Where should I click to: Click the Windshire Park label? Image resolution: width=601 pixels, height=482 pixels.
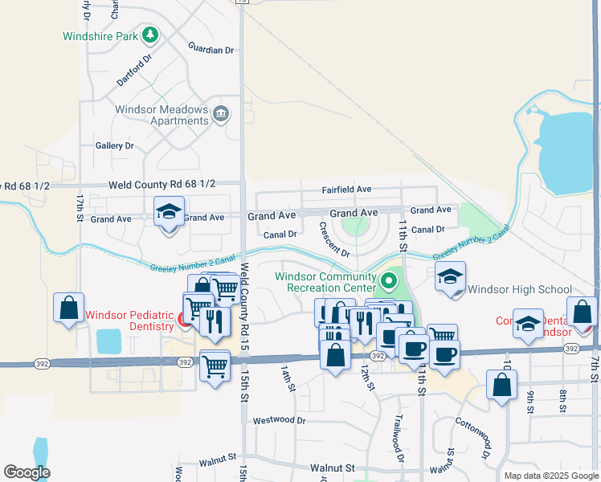(x=100, y=36)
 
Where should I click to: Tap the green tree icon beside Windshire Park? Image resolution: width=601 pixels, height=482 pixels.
(x=149, y=35)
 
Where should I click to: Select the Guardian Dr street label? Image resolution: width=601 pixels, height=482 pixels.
(x=211, y=50)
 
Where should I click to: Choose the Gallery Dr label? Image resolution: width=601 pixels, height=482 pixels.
(x=114, y=145)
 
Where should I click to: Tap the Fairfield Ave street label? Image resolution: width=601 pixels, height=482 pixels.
(x=346, y=190)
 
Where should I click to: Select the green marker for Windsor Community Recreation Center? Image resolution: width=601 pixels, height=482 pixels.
(x=390, y=281)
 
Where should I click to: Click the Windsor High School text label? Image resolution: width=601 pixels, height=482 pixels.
(x=519, y=289)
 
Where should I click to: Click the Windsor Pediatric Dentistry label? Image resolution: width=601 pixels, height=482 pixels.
(x=129, y=321)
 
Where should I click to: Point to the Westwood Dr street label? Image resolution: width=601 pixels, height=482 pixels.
(x=279, y=420)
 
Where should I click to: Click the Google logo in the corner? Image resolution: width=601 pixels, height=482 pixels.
(x=27, y=472)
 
